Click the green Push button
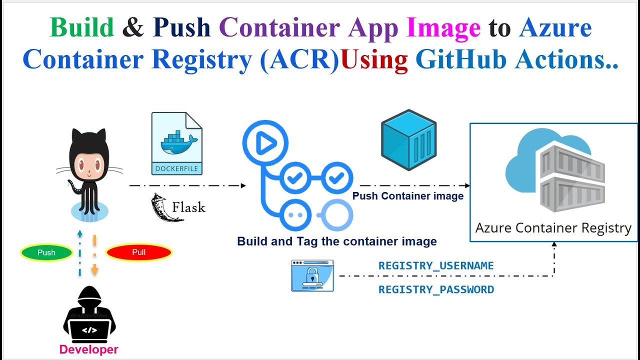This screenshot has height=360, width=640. [46, 252]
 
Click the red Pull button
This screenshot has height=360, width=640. [138, 252]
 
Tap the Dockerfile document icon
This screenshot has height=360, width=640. [176, 143]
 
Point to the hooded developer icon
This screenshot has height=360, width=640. [89, 314]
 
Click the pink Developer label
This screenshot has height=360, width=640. [89, 349]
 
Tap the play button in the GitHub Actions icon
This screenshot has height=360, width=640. [265, 144]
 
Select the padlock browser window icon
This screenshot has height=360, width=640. [312, 275]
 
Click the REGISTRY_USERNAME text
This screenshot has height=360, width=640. [436, 266]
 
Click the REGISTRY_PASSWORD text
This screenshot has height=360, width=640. [436, 290]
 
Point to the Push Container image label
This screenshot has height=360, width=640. [408, 196]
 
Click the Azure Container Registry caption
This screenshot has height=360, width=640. [553, 228]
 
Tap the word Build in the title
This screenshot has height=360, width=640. [82, 27]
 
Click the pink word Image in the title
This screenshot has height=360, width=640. [443, 27]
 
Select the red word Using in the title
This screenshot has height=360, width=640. [374, 59]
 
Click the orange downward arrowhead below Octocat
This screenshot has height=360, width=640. [94, 271]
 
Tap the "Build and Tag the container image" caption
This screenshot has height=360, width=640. [336, 241]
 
